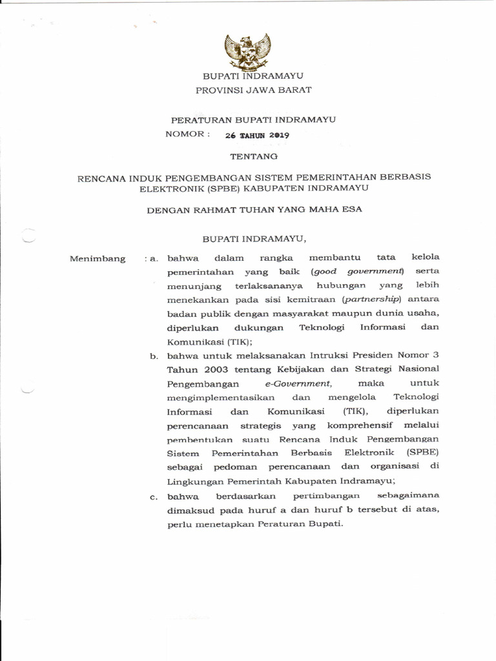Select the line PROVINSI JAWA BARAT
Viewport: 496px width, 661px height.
click(x=253, y=90)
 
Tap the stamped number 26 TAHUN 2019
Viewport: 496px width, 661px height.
click(x=257, y=136)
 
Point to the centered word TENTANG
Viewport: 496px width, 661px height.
click(x=254, y=156)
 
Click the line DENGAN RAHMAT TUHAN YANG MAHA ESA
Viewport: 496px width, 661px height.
click(x=254, y=209)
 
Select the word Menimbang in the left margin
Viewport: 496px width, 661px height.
click(x=98, y=259)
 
